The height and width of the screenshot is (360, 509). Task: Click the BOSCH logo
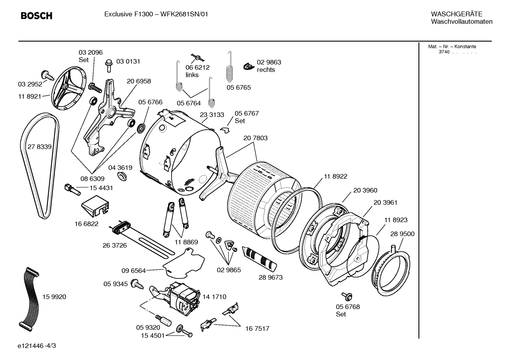36,16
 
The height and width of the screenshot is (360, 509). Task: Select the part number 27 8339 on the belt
40,147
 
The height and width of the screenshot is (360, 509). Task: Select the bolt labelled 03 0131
108,66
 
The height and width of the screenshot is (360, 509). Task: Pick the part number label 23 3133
212,115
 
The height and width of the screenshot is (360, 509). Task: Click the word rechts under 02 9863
266,70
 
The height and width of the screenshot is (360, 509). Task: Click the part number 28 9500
402,234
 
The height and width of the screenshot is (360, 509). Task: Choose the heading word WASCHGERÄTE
456,14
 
